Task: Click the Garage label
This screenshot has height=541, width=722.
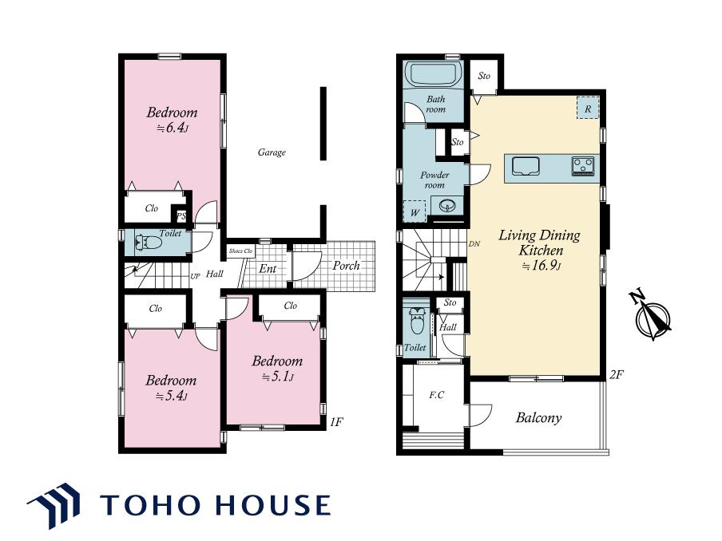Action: pyautogui.click(x=272, y=152)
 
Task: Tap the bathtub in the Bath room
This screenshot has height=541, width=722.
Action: pyautogui.click(x=434, y=73)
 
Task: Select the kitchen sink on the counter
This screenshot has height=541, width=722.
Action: pyautogui.click(x=526, y=167)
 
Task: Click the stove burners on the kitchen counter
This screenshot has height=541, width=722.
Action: pyautogui.click(x=583, y=166)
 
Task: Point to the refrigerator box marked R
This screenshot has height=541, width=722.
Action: pyautogui.click(x=588, y=108)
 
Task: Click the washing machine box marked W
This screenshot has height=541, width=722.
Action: pyautogui.click(x=415, y=211)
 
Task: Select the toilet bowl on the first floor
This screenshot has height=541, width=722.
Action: pyautogui.click(x=149, y=243)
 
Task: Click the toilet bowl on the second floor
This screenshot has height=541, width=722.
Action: pyautogui.click(x=417, y=321)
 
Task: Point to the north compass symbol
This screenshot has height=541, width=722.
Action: pyautogui.click(x=652, y=316)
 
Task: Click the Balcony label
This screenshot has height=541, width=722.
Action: pyautogui.click(x=539, y=417)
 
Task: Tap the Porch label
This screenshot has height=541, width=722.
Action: pyautogui.click(x=346, y=266)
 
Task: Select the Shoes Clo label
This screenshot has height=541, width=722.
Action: pyautogui.click(x=241, y=251)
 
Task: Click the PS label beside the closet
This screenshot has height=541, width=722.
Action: pyautogui.click(x=181, y=216)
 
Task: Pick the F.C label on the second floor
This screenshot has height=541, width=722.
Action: pyautogui.click(x=437, y=394)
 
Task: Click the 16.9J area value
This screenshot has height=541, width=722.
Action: pyautogui.click(x=541, y=266)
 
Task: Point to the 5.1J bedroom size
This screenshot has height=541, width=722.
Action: pyautogui.click(x=278, y=377)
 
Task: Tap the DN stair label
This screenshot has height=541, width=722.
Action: pyautogui.click(x=474, y=244)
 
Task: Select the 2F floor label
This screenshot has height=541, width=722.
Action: pyautogui.click(x=617, y=374)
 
